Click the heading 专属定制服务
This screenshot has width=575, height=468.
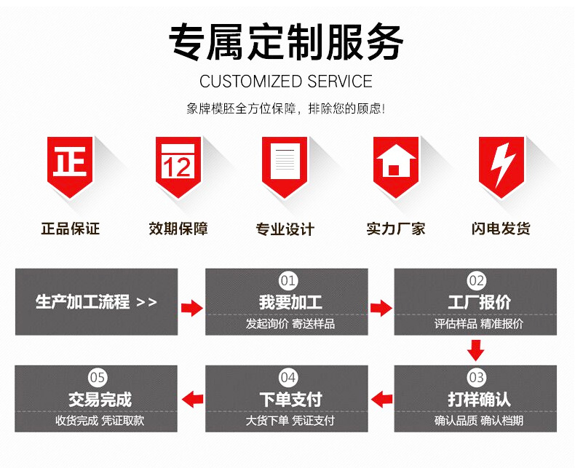point(286,41)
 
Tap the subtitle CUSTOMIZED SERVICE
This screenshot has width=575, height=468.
point(286,81)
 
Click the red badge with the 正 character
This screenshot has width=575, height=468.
point(70,164)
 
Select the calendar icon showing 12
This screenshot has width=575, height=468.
point(178,164)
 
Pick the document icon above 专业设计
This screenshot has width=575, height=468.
point(285,164)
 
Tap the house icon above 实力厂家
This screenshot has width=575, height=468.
point(394,164)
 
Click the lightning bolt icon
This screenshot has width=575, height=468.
point(501,164)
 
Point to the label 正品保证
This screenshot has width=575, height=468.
point(70,229)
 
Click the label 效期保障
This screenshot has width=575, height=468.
point(178,229)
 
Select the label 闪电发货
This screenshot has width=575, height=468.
point(501,229)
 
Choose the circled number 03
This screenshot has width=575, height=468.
point(476,377)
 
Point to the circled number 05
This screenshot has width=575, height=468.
point(98,377)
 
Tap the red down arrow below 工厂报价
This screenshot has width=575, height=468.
point(476,350)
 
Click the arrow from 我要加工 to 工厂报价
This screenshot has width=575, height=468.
point(381,308)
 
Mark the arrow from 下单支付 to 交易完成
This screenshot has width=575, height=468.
point(192,399)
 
